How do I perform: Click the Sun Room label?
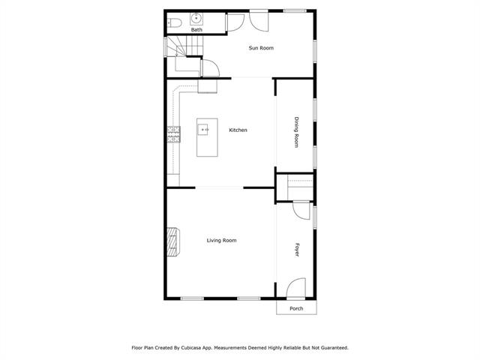click(x=261, y=48)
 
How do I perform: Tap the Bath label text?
click(x=196, y=30)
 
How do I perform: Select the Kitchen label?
click(x=238, y=130)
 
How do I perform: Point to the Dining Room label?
click(x=296, y=132)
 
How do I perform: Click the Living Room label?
click(x=222, y=240)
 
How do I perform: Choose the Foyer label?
click(x=297, y=250)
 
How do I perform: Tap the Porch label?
click(x=296, y=308)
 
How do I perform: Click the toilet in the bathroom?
click(x=175, y=22)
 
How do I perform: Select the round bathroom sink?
click(x=196, y=19)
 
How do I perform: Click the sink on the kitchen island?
click(x=203, y=130)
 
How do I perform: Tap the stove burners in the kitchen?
click(x=173, y=134)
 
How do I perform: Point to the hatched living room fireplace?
click(x=173, y=241)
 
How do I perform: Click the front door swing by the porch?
click(x=296, y=288)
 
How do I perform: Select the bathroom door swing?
click(x=235, y=22)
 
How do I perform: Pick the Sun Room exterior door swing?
click(x=259, y=21)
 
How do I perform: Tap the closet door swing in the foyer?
click(x=301, y=210)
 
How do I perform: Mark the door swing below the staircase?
click(x=210, y=68)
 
